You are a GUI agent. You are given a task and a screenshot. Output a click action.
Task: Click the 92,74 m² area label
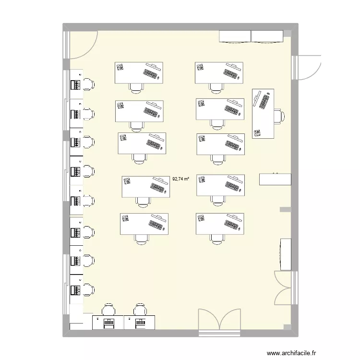coord(180,179)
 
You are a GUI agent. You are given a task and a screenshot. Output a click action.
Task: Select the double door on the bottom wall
coord(219,320)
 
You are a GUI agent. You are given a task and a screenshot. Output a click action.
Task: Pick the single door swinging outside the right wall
coord(307,67)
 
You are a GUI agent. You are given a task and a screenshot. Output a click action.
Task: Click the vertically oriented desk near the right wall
coord(263,113)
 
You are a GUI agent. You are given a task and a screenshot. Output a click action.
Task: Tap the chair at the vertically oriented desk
coord(279,116)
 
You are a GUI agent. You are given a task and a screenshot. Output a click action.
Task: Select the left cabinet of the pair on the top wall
coord(235,36)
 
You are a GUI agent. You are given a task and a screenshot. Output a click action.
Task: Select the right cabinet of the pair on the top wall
coord(267,36)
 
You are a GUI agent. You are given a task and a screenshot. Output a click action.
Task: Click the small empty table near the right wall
coord(275,179)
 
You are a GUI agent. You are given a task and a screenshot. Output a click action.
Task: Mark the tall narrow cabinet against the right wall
coord(286,253)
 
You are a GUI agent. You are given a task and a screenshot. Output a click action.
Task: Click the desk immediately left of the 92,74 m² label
coord(145,187)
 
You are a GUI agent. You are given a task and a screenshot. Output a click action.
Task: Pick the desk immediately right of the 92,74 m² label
coord(220,185)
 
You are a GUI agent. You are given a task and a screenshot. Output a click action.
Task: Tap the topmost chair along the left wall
coord(89,84)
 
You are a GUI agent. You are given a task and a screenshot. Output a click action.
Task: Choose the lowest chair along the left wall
coord(89,290)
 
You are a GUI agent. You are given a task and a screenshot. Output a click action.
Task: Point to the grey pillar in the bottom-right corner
coord(287,327)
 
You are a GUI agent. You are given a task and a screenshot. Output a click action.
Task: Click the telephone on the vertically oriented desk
coord(258,132)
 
